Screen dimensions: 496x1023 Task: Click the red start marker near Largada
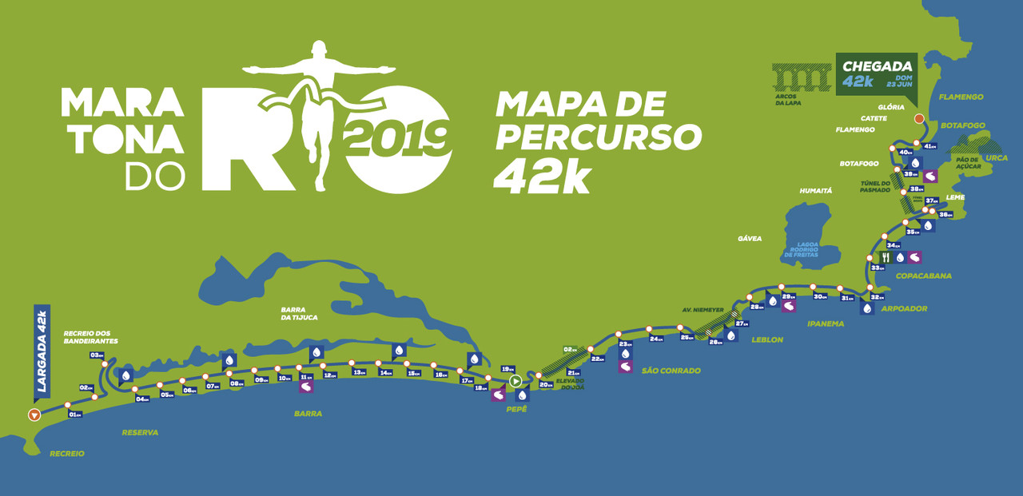(34, 414)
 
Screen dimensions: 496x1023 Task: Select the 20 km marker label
(547, 385)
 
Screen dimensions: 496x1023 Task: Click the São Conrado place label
(671, 371)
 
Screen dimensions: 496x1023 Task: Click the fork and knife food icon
(886, 257)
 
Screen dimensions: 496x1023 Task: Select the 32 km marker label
(877, 297)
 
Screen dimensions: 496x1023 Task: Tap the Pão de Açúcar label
(966, 164)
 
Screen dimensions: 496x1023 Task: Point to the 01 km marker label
(76, 415)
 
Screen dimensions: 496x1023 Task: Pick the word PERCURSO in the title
(599, 138)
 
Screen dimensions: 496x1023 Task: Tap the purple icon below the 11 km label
(306, 387)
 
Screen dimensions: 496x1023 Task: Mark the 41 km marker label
(929, 146)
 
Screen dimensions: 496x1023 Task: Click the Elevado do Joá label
(571, 384)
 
